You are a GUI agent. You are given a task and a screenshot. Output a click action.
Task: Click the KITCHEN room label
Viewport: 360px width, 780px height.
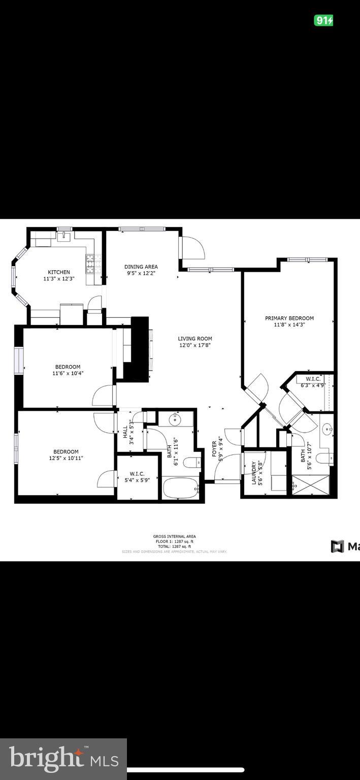coord(59,272)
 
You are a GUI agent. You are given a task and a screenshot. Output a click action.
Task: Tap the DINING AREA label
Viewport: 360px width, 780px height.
coord(141,267)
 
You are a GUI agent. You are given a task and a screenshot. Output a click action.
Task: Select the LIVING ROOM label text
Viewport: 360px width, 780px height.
coord(194,339)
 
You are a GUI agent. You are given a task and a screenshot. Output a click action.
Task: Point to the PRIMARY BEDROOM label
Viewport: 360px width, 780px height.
coord(289,318)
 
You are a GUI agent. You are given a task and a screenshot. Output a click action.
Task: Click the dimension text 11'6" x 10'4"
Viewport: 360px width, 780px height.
coord(68,373)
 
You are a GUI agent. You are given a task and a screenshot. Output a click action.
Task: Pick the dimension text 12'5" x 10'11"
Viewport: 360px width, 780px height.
coord(66,458)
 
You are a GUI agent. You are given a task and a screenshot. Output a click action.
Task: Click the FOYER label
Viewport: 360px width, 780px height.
coord(214,450)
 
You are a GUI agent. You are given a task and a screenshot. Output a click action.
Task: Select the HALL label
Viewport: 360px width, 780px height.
coord(125,432)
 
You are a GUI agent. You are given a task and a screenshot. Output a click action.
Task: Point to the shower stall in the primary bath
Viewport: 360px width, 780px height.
coord(310,484)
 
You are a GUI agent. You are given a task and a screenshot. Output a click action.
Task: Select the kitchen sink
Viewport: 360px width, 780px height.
coord(64,235)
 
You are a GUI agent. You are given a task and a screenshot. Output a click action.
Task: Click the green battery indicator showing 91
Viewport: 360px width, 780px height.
coord(323,20)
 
